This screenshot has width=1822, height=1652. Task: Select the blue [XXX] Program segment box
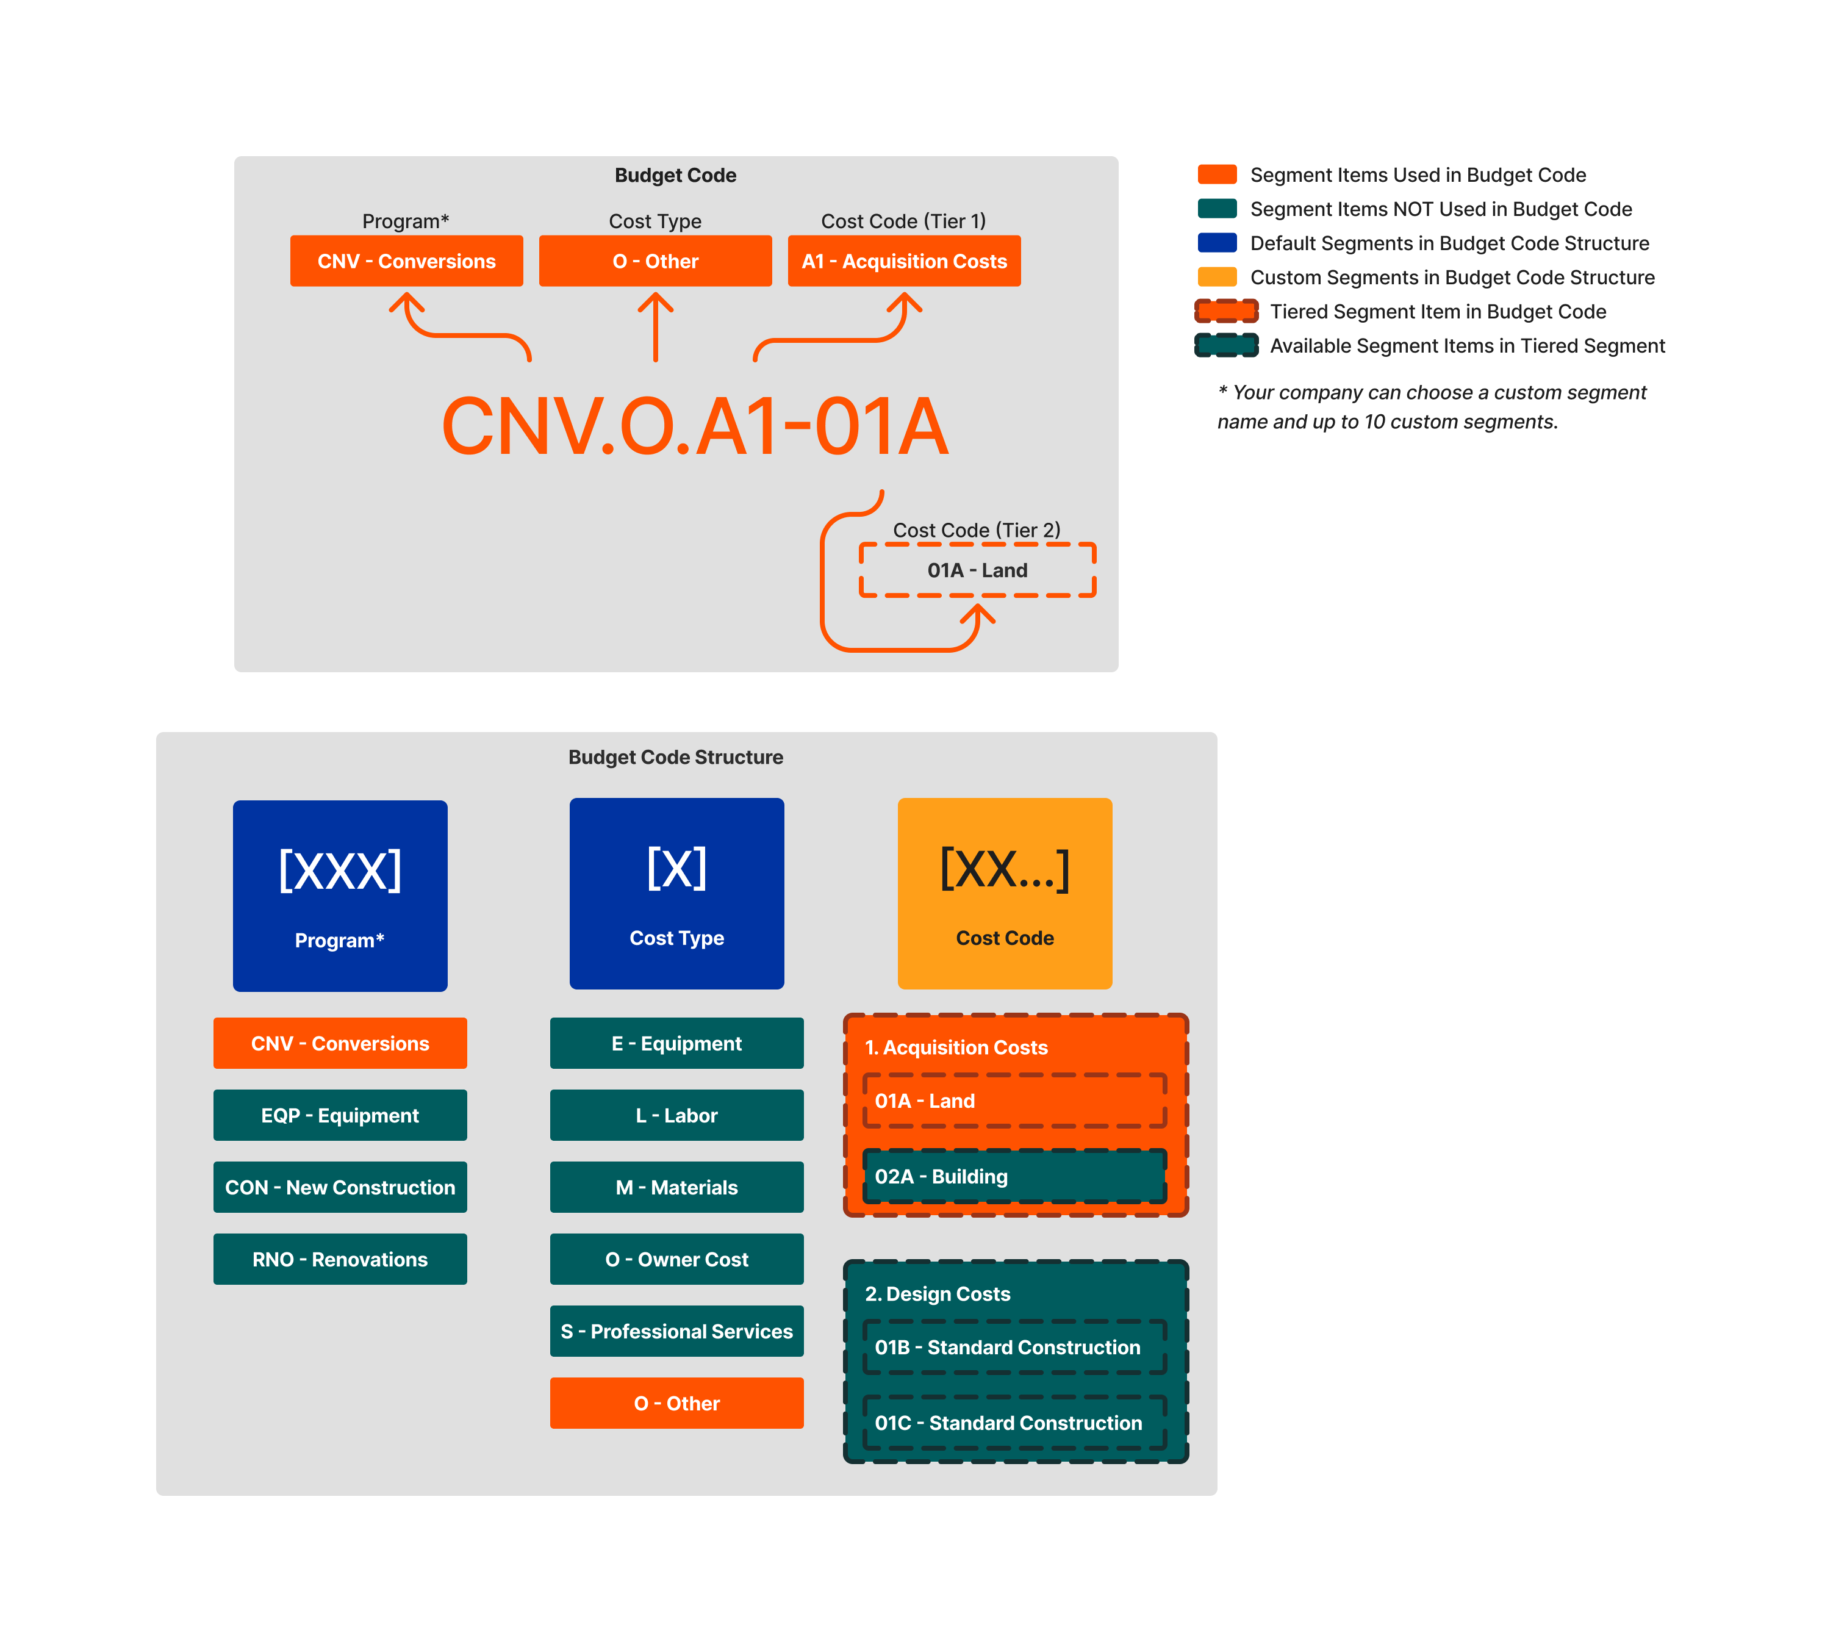pos(340,895)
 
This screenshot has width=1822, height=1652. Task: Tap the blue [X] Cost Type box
pos(676,893)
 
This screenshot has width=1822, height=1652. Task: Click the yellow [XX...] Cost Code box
pos(1004,893)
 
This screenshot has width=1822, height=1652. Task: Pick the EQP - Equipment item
pos(340,1115)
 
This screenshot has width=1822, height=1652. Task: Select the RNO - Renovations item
pos(340,1259)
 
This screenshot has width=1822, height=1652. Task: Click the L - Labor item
pos(676,1115)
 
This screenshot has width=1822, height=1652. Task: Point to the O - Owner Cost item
pos(676,1259)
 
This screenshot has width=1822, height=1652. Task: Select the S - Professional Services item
pos(676,1331)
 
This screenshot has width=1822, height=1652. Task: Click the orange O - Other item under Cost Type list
pos(676,1402)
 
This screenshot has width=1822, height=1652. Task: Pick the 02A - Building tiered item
pos(1014,1176)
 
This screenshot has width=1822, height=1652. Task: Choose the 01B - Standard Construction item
pos(1014,1346)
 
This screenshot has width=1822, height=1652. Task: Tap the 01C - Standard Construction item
pos(1014,1423)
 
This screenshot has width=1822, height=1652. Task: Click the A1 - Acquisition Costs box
pos(904,261)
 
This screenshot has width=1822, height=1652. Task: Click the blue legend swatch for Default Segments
pos(1216,243)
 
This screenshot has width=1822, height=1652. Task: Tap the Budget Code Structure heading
pos(675,757)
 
